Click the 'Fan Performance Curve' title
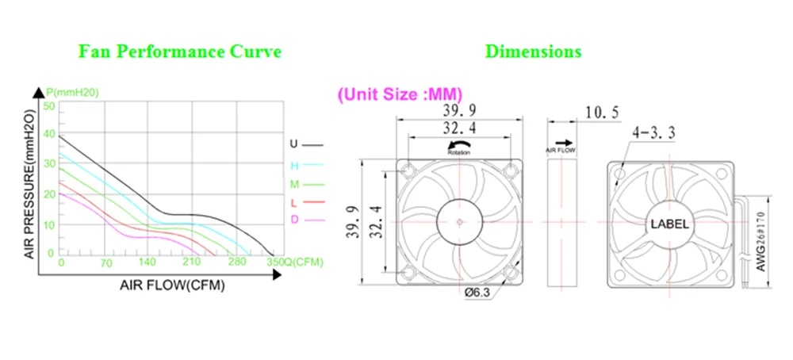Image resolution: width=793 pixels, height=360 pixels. coord(179,52)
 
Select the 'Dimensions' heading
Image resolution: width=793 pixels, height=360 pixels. coord(533,52)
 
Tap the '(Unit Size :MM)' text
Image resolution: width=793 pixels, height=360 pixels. coord(400,94)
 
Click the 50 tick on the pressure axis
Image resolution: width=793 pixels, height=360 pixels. coord(49,106)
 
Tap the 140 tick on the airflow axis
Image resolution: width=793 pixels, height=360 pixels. coord(147,262)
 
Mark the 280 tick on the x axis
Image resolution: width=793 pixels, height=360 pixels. coord(236,262)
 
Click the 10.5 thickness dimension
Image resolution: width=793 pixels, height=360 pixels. coord(601,113)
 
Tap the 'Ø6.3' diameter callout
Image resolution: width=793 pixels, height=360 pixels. coord(477,293)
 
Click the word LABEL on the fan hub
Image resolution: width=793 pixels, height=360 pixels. coord(670,224)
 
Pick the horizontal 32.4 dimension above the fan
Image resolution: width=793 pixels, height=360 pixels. coord(460,127)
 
